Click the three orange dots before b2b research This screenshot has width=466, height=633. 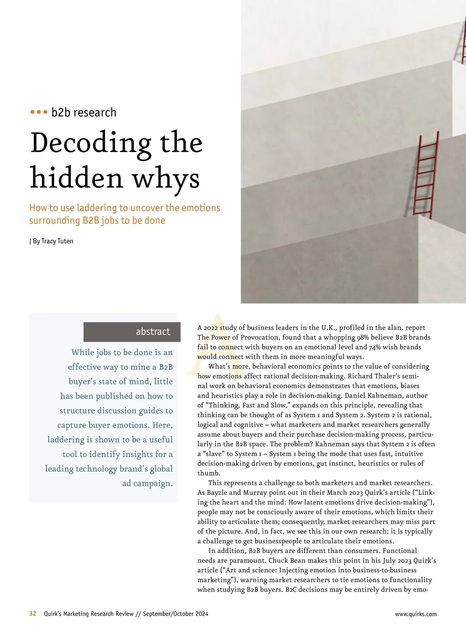click(x=39, y=112)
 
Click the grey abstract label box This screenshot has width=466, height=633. click(x=132, y=332)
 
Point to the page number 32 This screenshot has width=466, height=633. click(x=33, y=614)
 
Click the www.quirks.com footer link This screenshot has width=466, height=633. click(x=416, y=614)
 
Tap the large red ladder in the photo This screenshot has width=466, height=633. click(x=424, y=175)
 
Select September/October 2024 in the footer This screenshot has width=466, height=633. click(x=176, y=614)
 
